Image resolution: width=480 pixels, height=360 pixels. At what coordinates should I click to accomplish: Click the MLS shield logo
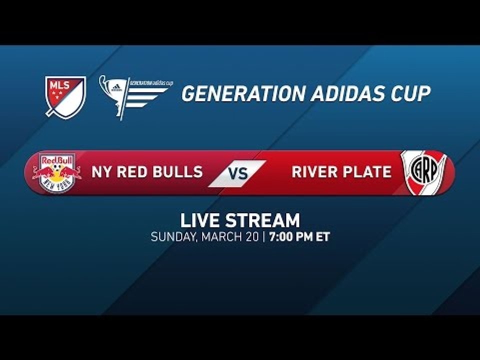pyautogui.click(x=65, y=96)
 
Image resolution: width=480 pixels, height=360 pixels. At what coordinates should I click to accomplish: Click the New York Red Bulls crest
pyautogui.click(x=57, y=173)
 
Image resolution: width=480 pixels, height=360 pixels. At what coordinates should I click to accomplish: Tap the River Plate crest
pyautogui.click(x=423, y=172)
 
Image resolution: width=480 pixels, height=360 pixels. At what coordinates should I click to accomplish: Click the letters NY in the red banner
pyautogui.click(x=100, y=172)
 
